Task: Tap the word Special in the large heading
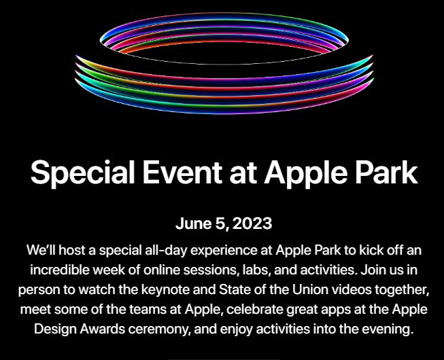[82, 173]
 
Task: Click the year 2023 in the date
[252, 223]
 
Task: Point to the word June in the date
[193, 223]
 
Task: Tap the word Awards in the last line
[102, 329]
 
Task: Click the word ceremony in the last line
[158, 330]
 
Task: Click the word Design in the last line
[55, 329]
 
